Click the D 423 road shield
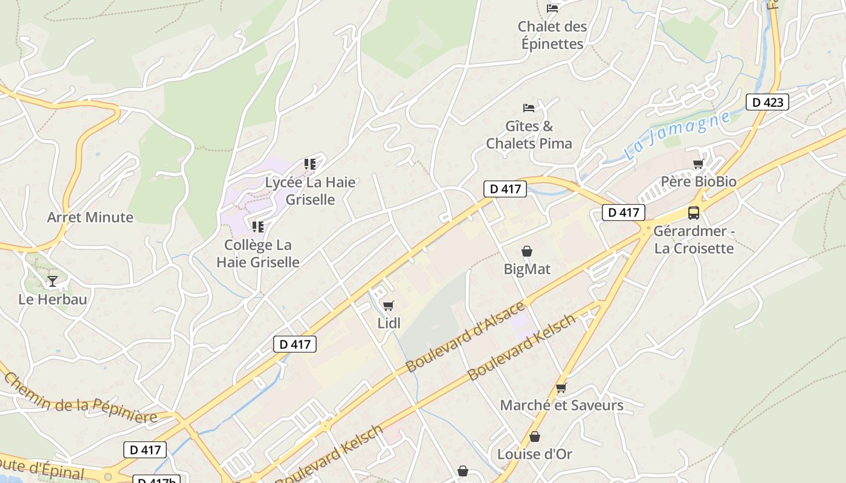coord(767,102)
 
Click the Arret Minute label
coord(90,217)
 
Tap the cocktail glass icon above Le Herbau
coord(53,281)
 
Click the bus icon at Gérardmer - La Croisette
coord(694,213)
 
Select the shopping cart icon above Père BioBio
coord(698,164)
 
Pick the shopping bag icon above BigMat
coord(527,251)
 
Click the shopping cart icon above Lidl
coord(388,305)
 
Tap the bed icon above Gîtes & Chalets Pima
coord(529,108)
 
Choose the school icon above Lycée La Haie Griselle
coord(310,164)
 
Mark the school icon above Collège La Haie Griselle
coord(258,227)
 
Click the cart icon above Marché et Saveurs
coord(561,388)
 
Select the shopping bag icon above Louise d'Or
coord(535,437)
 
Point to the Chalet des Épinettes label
coord(552,35)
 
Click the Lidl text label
coord(389,323)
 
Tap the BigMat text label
coord(527,269)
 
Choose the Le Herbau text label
coord(53,299)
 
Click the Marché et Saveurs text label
coord(561,405)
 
